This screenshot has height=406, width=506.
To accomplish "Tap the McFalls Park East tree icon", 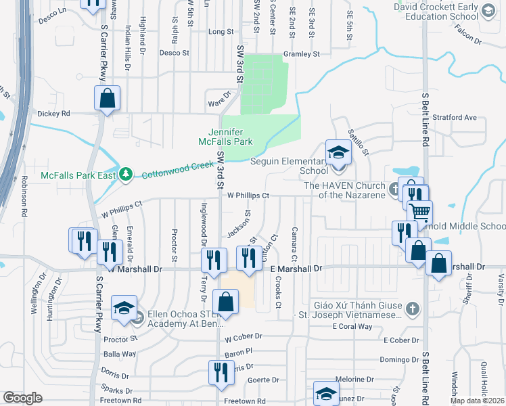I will point(125,175).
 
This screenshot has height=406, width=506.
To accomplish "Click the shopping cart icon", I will point(420,213).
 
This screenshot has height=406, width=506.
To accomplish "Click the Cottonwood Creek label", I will point(172,170).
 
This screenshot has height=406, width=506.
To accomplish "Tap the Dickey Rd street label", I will point(54,114).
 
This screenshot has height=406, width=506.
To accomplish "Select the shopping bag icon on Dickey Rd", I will point(108,99).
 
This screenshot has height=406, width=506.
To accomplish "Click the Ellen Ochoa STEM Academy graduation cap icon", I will point(124,309).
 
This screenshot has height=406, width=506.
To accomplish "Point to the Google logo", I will point(22,398).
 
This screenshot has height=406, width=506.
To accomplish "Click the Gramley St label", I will point(301,53).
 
